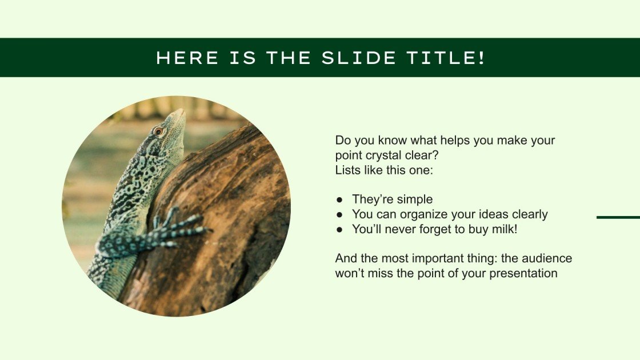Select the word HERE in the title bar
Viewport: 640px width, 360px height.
click(187, 58)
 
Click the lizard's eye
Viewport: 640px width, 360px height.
click(158, 131)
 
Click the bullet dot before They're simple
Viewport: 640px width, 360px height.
click(339, 199)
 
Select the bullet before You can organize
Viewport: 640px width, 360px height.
click(339, 214)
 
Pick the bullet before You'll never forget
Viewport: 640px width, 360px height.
click(339, 229)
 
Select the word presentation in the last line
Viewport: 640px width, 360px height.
click(521, 273)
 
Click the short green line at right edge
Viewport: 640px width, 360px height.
click(618, 217)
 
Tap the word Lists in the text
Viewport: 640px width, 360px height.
click(347, 170)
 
